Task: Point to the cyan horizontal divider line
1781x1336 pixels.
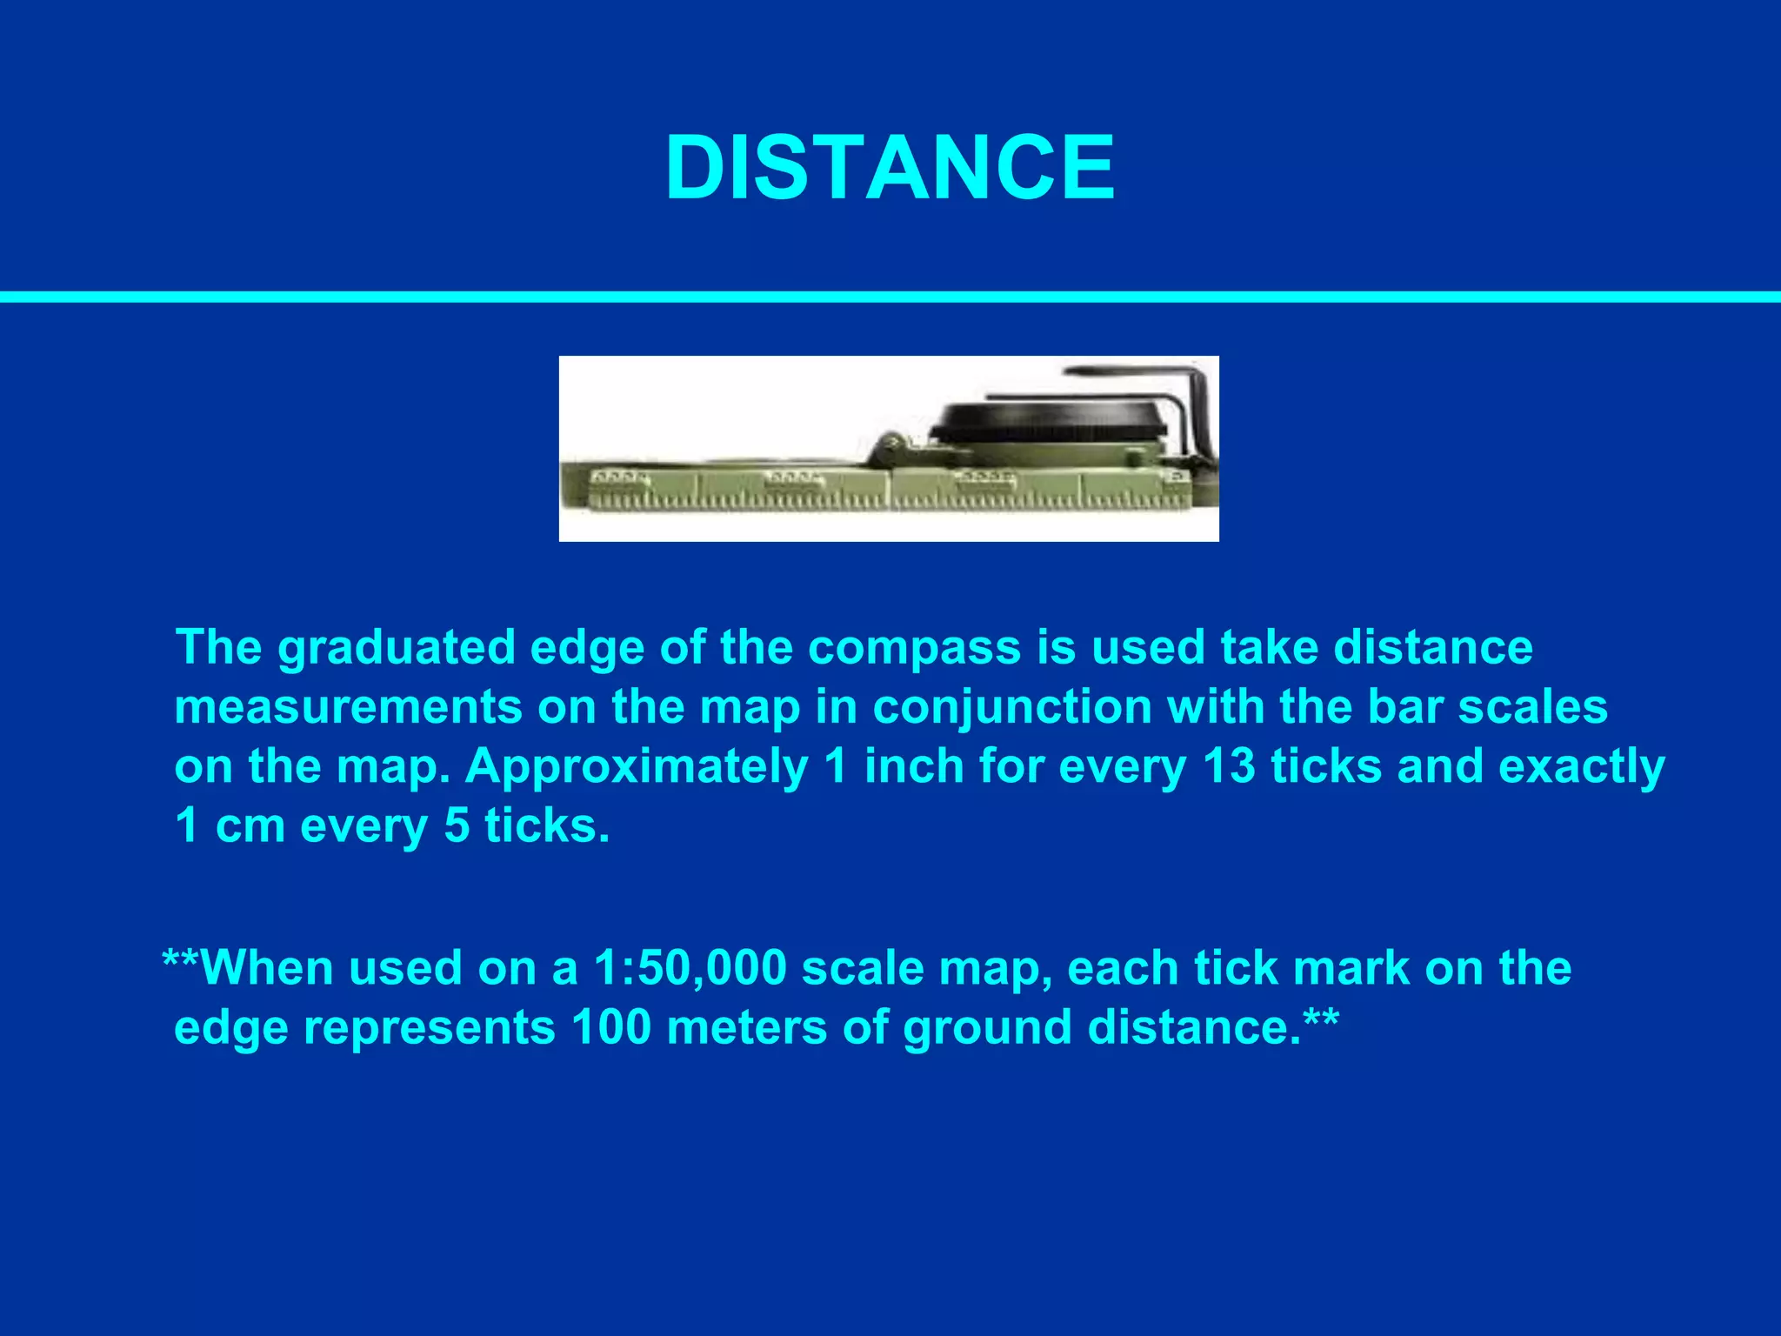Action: [x=890, y=297]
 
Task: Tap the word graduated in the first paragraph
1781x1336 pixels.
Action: [x=397, y=649]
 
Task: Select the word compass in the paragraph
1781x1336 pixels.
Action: [x=914, y=649]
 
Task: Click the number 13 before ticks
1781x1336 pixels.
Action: [x=1230, y=766]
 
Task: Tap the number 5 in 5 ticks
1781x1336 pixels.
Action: [x=457, y=825]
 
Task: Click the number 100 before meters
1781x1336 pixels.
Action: [x=611, y=1027]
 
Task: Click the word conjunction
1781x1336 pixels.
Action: [x=1012, y=707]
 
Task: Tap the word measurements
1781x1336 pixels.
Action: [x=348, y=707]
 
